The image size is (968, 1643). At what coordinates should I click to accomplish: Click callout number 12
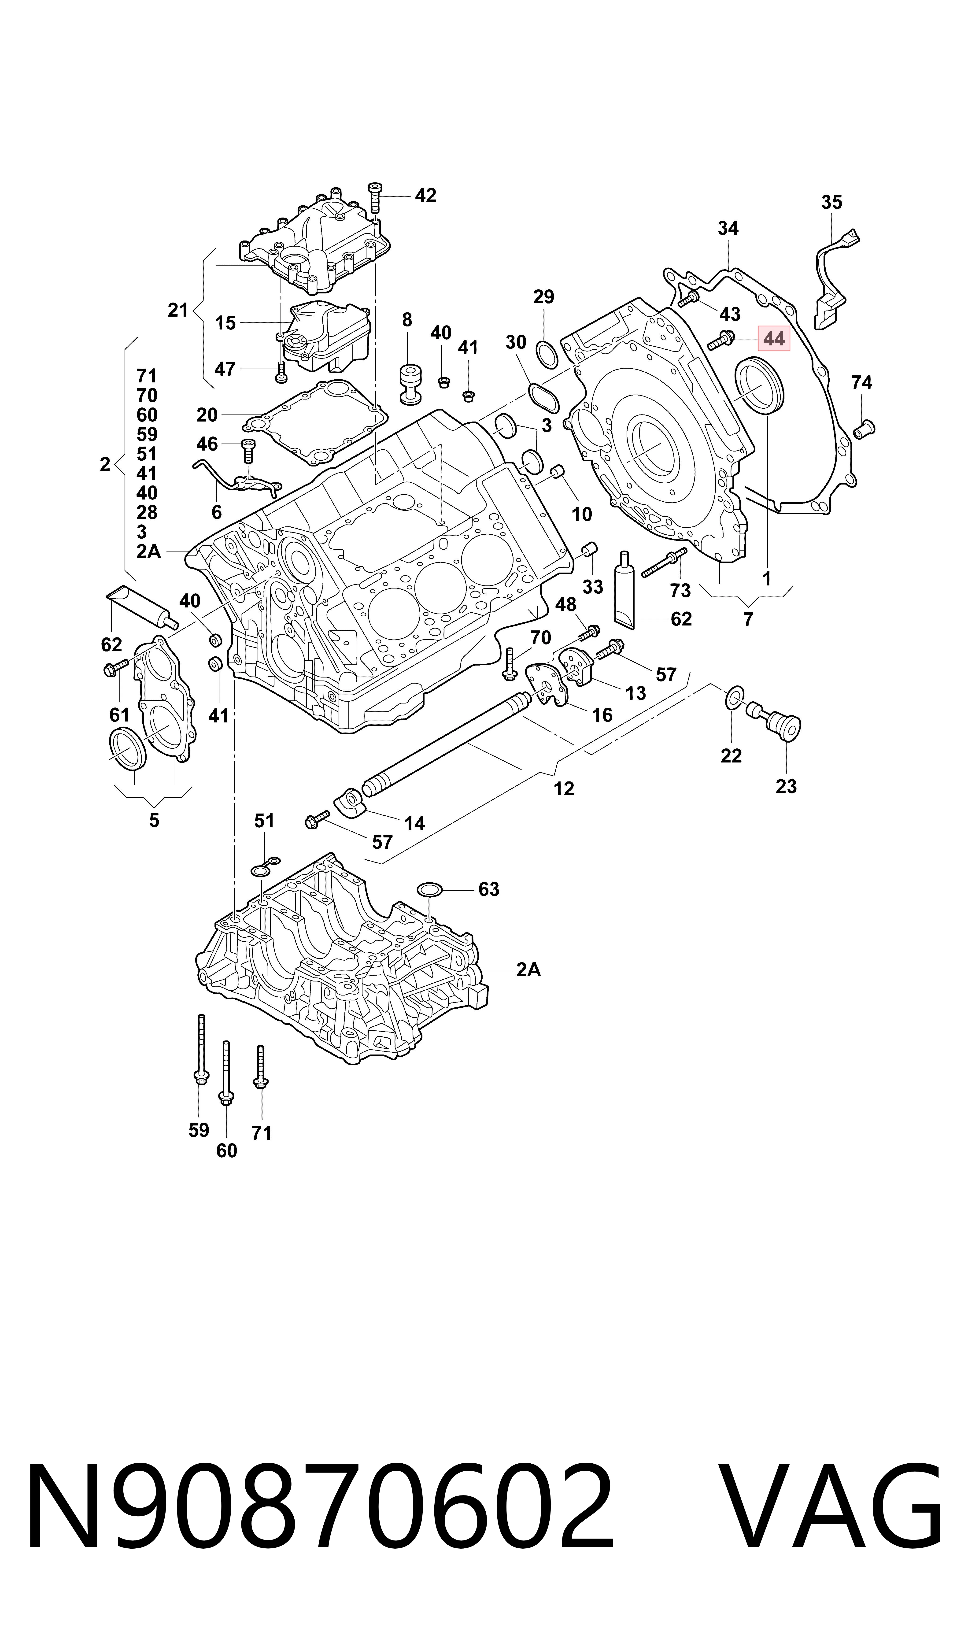click(564, 788)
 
